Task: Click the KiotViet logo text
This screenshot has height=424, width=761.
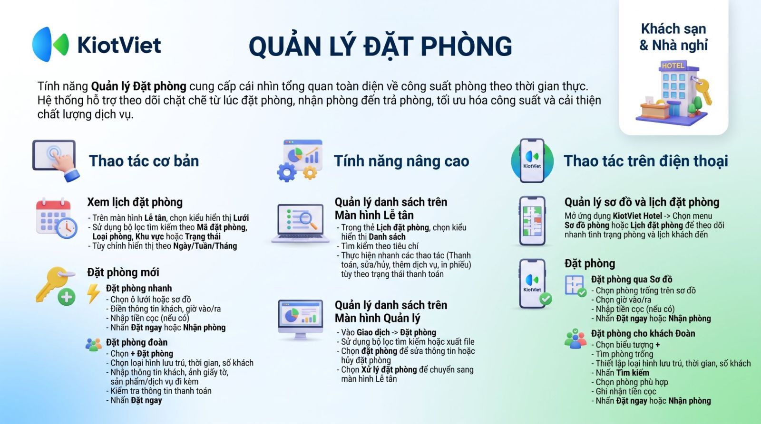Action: (x=119, y=45)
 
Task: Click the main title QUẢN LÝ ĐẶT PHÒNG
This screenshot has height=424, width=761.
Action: (x=380, y=46)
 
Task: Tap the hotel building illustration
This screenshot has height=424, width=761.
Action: (x=673, y=92)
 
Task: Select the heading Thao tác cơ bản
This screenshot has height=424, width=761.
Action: (x=144, y=161)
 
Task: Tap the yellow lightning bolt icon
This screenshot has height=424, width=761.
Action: (x=93, y=293)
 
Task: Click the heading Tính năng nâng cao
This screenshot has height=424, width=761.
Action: (x=401, y=161)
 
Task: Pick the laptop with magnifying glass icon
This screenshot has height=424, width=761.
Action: (x=300, y=224)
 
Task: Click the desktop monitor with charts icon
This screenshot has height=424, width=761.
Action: (x=300, y=320)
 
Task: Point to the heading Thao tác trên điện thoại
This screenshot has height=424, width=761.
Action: (x=646, y=161)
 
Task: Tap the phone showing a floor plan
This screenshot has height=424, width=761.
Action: (x=532, y=221)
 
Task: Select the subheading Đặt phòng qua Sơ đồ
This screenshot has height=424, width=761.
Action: (x=632, y=279)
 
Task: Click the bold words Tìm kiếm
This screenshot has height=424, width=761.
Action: (x=633, y=372)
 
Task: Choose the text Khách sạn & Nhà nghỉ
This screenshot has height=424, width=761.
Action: (x=673, y=37)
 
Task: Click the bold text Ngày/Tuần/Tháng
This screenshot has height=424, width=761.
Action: (x=205, y=246)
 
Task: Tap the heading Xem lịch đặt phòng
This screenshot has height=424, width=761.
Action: (x=135, y=202)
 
